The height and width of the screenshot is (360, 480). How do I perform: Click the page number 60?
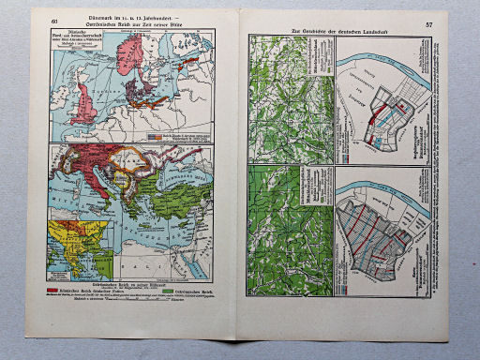point(56,21)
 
